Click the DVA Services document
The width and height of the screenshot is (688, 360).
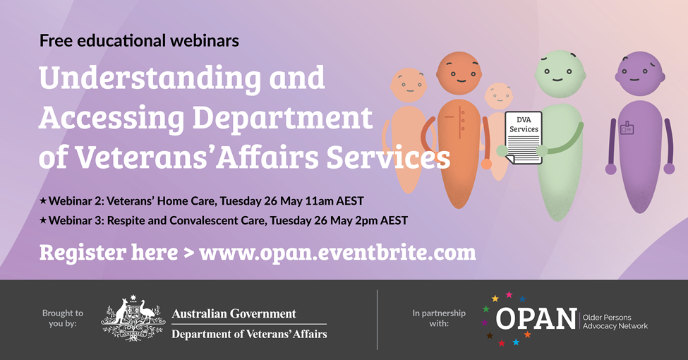point(524,137)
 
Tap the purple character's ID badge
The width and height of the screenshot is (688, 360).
point(627,128)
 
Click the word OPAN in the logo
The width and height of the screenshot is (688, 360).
point(536,319)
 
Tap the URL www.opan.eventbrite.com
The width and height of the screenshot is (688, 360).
point(338,252)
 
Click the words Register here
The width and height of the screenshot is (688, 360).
point(108,252)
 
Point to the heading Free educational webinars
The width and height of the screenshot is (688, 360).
point(139,40)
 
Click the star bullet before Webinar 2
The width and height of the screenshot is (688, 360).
point(43,201)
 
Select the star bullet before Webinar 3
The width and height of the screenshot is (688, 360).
point(43,220)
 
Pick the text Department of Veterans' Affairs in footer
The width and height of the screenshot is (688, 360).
point(249,334)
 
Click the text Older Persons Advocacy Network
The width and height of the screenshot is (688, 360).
point(615,321)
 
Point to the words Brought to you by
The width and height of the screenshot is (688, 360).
point(62,318)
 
